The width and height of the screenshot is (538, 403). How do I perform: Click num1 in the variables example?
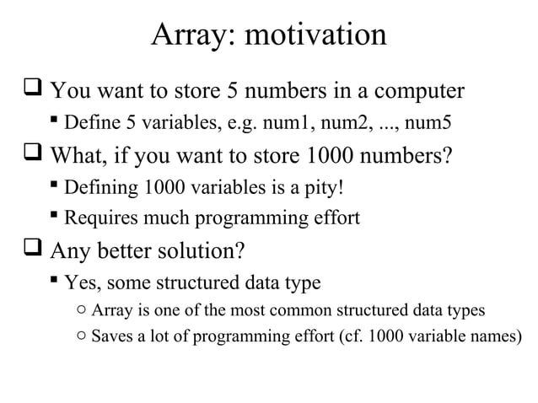pyautogui.click(x=310, y=125)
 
